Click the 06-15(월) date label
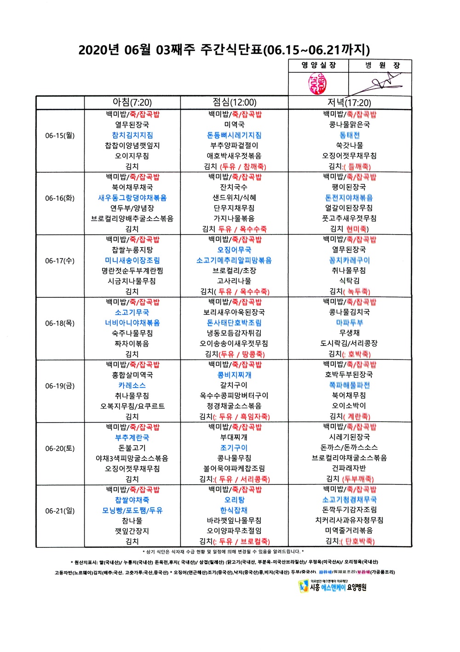click(x=60, y=135)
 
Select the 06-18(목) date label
click(x=60, y=323)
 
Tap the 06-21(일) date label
click(x=60, y=511)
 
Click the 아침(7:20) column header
click(x=132, y=102)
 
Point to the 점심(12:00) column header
click(x=234, y=102)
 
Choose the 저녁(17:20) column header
click(x=349, y=102)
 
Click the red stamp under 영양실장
click(x=318, y=83)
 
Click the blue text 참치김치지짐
click(x=132, y=135)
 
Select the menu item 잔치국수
click(x=234, y=188)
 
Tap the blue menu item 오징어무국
click(x=234, y=250)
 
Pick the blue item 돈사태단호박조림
click(x=234, y=323)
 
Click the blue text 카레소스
click(x=132, y=385)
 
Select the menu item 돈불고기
click(x=132, y=448)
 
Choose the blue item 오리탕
click(x=234, y=500)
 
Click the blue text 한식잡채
click(x=234, y=510)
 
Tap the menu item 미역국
click(x=234, y=125)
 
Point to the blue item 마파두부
click(x=349, y=323)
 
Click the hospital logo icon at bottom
click(x=303, y=586)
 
